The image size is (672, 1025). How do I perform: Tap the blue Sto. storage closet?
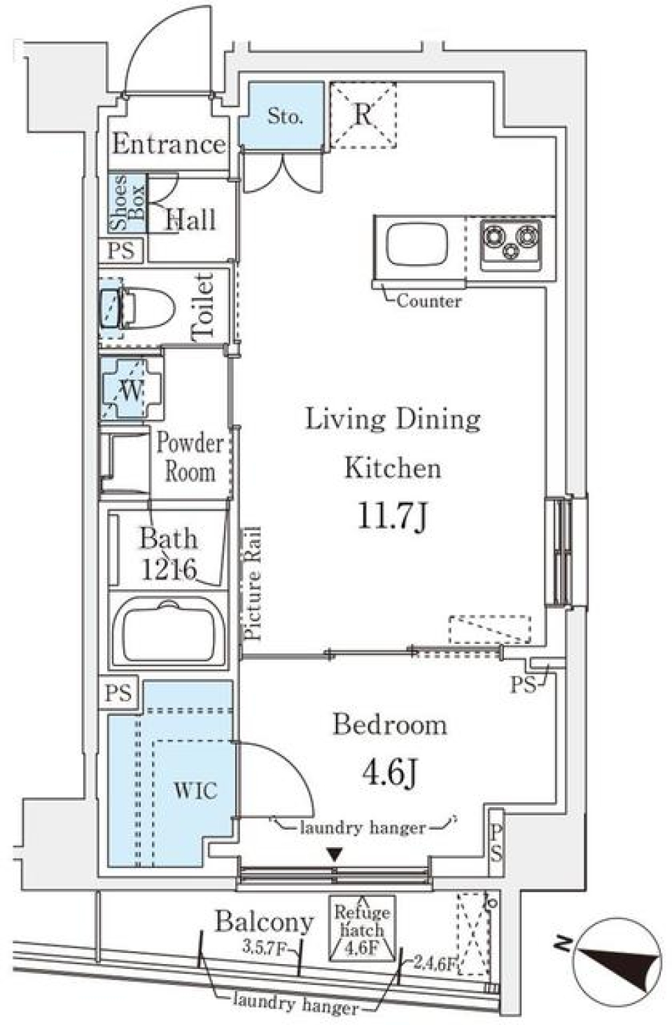(x=283, y=116)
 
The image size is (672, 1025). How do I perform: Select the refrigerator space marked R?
(x=362, y=116)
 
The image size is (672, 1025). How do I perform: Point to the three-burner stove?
(x=510, y=242)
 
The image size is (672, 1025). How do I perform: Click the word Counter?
(x=428, y=301)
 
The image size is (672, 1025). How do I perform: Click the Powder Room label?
(x=189, y=457)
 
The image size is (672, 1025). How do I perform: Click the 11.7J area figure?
(x=392, y=517)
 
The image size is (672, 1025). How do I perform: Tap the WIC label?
(x=195, y=791)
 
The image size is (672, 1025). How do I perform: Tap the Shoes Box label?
(x=127, y=204)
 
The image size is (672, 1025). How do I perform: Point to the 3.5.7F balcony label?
(x=264, y=949)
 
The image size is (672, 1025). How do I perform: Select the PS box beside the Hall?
(x=122, y=251)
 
